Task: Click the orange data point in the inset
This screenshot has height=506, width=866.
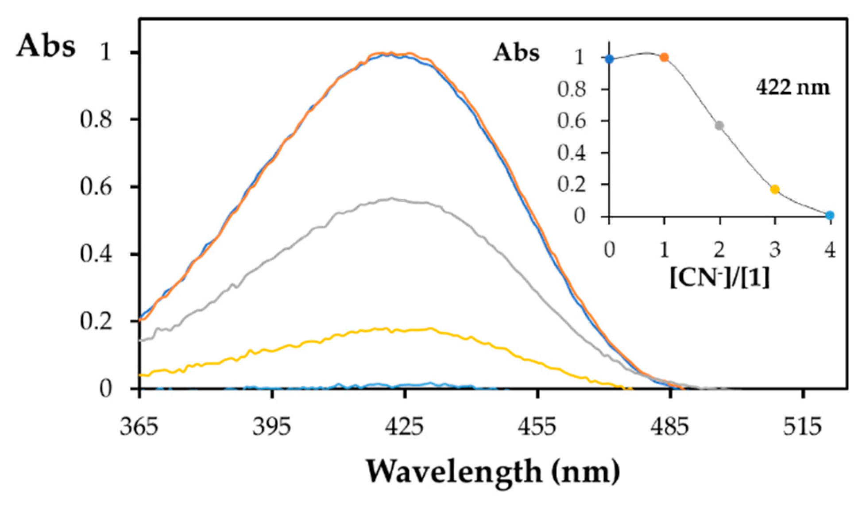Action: (x=664, y=57)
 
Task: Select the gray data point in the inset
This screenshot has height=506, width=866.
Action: (x=719, y=126)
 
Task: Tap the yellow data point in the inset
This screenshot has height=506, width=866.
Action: (x=775, y=189)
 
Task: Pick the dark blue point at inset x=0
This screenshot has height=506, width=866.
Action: (x=610, y=59)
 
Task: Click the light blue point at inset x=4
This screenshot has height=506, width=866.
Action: (x=830, y=215)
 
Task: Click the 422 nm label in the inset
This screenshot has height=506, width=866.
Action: (x=793, y=87)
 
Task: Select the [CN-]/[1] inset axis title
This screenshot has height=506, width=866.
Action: (x=719, y=278)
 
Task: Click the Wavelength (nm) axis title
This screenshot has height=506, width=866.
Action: (x=492, y=472)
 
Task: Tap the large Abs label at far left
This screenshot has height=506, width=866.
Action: (x=46, y=46)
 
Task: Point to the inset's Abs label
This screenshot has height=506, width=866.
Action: (x=517, y=53)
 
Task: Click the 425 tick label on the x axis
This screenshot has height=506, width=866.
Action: (x=404, y=427)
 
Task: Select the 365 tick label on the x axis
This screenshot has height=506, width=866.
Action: (x=139, y=427)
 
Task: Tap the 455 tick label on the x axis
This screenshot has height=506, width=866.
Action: (x=537, y=427)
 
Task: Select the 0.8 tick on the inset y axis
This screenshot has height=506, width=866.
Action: (x=572, y=90)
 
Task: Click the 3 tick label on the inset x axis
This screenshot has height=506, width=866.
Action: (x=775, y=251)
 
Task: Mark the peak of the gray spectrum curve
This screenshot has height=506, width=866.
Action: (x=392, y=199)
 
